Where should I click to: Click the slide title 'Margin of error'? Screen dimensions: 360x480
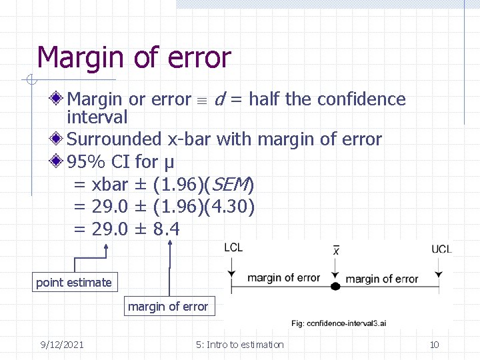134,58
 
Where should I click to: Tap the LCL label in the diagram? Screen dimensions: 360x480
233,247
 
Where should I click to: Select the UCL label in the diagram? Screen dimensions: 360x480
441,249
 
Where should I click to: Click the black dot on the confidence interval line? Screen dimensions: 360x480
336,285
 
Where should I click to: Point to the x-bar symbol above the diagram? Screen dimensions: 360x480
337,249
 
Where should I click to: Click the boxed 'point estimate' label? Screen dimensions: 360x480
74,283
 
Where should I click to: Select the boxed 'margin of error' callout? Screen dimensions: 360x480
168,307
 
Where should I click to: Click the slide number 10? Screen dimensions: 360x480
434,344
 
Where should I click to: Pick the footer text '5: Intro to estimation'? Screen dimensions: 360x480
239,344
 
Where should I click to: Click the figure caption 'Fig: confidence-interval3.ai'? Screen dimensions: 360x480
339,323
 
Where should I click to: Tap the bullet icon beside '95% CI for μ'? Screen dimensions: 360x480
59,161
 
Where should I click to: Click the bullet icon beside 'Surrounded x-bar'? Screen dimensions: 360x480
59,139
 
